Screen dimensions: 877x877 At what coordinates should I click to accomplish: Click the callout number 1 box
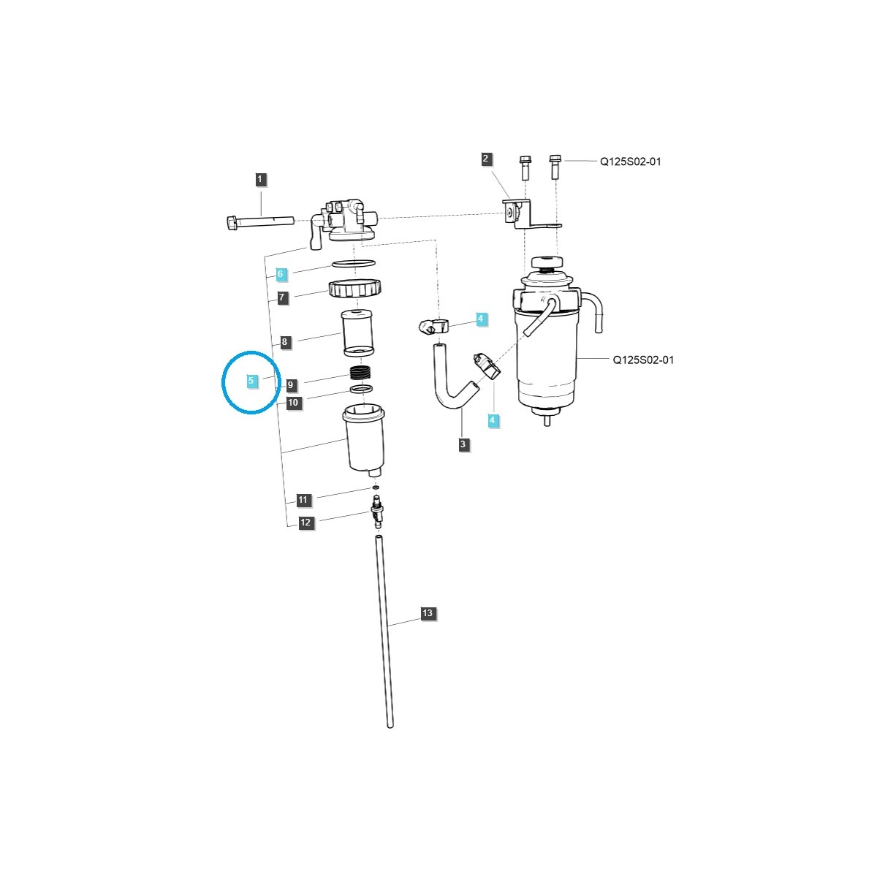(261, 178)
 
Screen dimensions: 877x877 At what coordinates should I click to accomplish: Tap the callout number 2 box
(487, 159)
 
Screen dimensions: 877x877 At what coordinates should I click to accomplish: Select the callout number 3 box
(463, 444)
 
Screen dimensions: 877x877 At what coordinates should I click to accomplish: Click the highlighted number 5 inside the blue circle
(251, 381)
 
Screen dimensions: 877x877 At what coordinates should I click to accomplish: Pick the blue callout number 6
(281, 274)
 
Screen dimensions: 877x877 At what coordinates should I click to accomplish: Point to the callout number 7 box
(283, 297)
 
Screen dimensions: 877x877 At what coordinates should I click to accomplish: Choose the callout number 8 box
(285, 341)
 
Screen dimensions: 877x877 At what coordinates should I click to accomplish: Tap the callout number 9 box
(291, 384)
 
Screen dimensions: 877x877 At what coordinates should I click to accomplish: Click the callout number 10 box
(293, 402)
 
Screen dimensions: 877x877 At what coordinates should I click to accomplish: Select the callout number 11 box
(304, 501)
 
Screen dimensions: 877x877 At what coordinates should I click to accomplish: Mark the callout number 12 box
(305, 523)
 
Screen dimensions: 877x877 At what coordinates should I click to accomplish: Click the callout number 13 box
(428, 613)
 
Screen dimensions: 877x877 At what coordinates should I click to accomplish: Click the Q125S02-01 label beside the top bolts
(630, 162)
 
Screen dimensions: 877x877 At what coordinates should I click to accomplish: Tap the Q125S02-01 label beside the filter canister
(643, 360)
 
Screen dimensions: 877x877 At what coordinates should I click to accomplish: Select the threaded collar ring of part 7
(356, 289)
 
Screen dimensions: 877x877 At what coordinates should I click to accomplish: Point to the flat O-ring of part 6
(354, 263)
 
